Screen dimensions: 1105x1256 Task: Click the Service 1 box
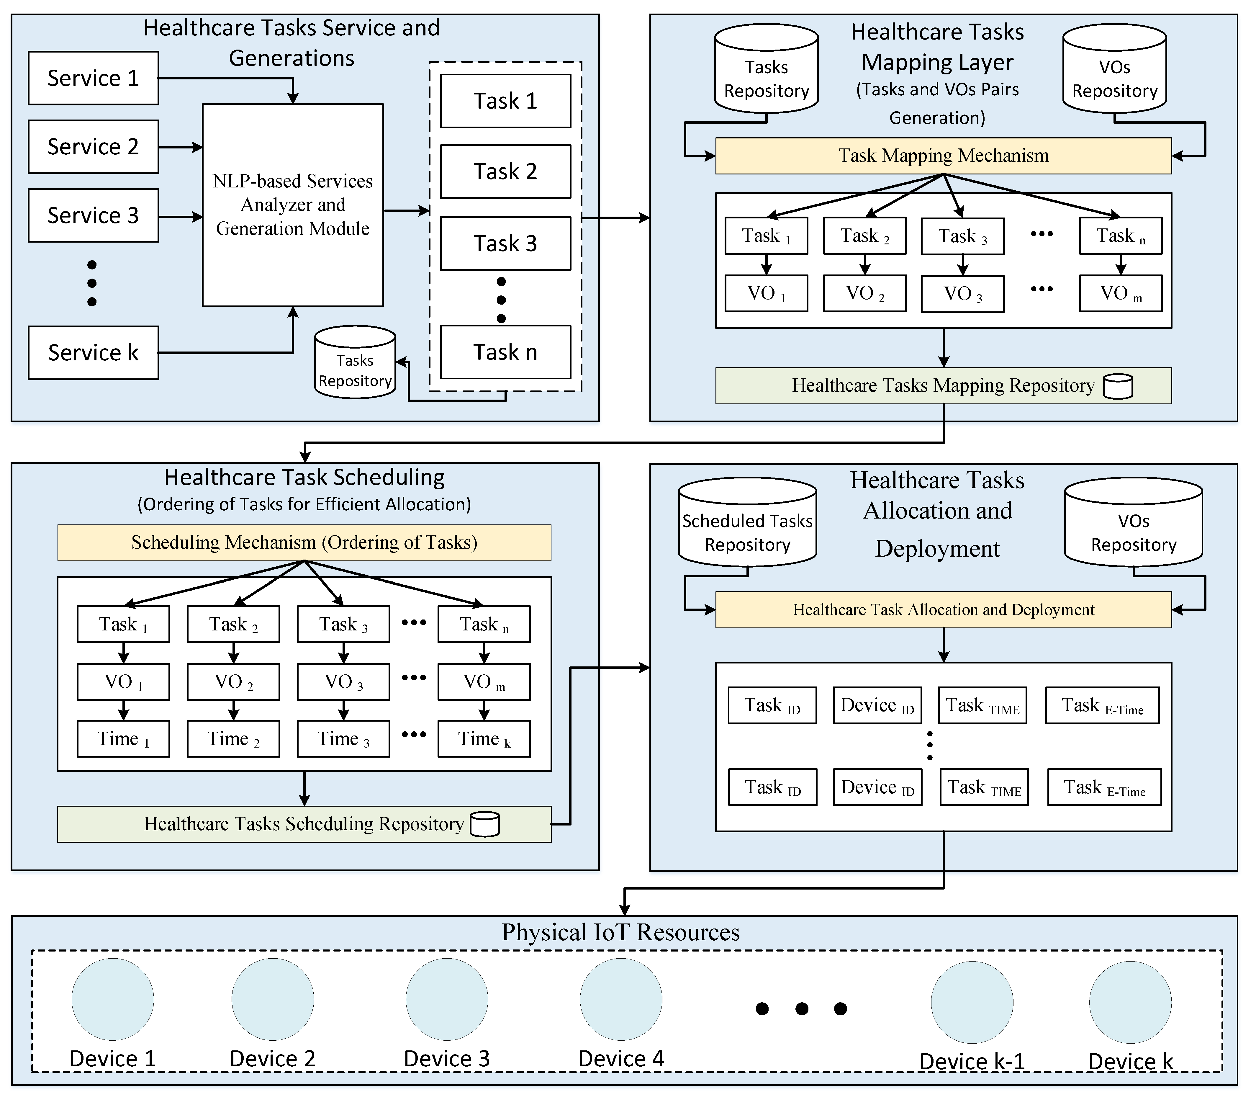[94, 78]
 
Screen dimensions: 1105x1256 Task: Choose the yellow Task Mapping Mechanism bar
[943, 156]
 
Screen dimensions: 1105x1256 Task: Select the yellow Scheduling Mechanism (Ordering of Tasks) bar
[304, 542]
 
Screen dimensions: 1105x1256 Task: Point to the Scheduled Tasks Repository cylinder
[747, 522]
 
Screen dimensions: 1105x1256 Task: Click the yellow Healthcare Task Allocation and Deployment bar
[943, 610]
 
